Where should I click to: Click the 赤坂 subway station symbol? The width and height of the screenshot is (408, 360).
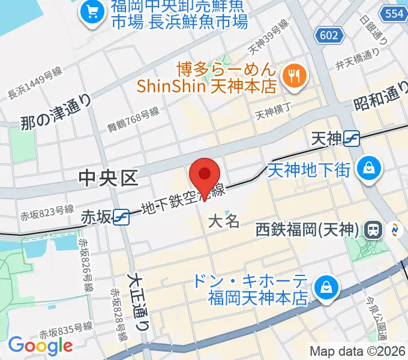(x=122, y=216)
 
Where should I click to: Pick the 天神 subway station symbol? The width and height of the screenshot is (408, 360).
(x=351, y=139)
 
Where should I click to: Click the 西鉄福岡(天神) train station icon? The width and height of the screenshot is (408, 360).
(x=375, y=229)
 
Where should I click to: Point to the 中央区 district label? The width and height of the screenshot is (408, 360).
(x=109, y=178)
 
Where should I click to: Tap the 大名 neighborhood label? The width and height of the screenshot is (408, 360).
(x=224, y=221)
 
